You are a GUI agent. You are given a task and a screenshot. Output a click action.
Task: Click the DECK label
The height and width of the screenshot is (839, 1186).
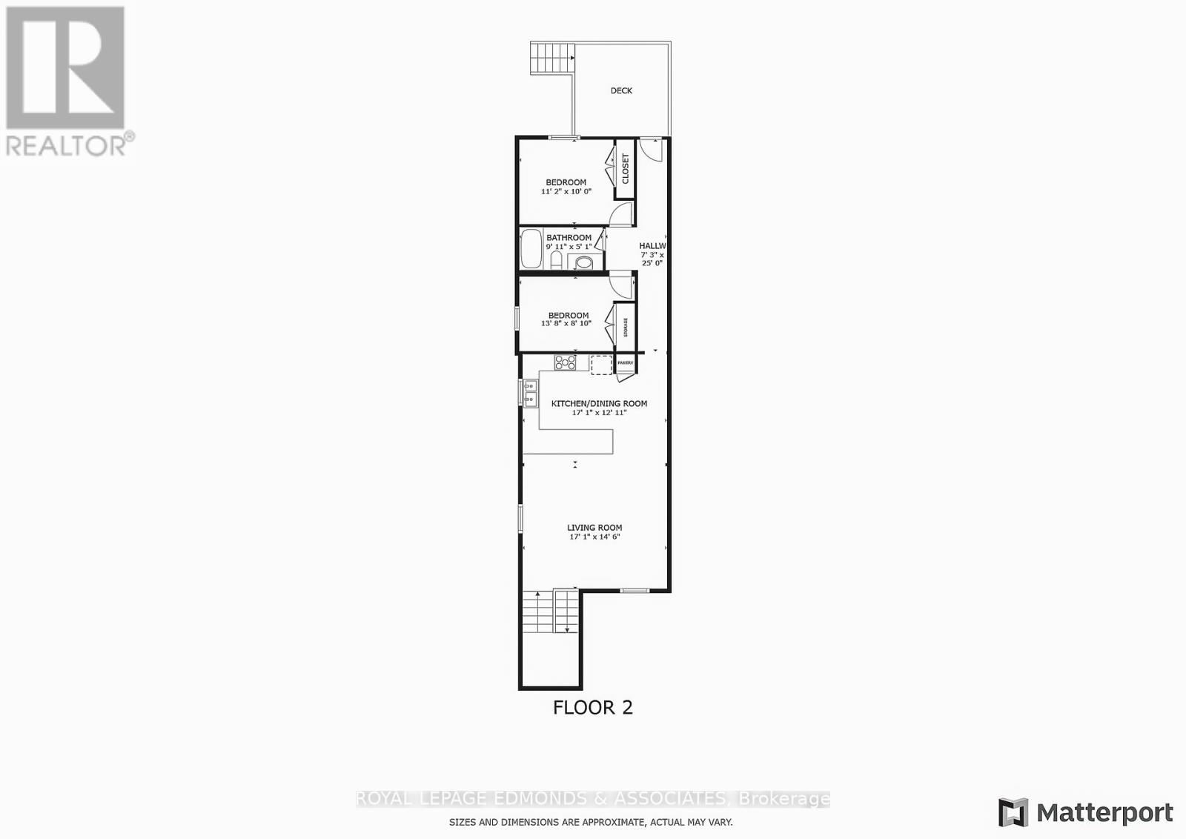click(621, 90)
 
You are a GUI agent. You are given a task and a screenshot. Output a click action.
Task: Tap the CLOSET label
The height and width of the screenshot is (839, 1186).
click(626, 169)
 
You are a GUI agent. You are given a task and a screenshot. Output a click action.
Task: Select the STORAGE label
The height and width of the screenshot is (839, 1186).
click(626, 327)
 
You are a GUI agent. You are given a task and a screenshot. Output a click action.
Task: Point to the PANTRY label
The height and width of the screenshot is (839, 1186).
click(625, 362)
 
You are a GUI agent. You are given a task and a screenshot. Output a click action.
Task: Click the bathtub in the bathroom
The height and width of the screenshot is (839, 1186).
click(531, 249)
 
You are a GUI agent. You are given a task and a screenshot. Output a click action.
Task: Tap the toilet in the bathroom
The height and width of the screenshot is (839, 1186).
click(556, 260)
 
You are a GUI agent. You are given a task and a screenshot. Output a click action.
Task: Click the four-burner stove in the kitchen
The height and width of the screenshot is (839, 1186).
click(566, 362)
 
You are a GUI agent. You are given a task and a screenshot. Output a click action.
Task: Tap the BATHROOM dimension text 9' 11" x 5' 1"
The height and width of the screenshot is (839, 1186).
click(569, 247)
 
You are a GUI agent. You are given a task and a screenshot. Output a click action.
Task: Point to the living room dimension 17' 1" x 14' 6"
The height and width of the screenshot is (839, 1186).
click(594, 537)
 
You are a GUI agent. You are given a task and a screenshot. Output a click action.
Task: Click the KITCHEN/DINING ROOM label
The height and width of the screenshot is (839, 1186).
click(599, 403)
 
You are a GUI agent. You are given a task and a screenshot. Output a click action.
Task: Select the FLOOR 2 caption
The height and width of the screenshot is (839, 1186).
click(593, 707)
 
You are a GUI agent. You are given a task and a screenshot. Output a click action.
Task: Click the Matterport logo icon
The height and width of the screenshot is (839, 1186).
click(1013, 812)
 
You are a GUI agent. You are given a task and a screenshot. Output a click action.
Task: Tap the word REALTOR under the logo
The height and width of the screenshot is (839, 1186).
click(67, 145)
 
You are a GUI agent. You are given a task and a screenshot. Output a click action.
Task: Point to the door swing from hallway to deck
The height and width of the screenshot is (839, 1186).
click(652, 150)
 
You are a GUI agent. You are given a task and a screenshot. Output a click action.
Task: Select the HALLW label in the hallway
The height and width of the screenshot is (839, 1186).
click(652, 245)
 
